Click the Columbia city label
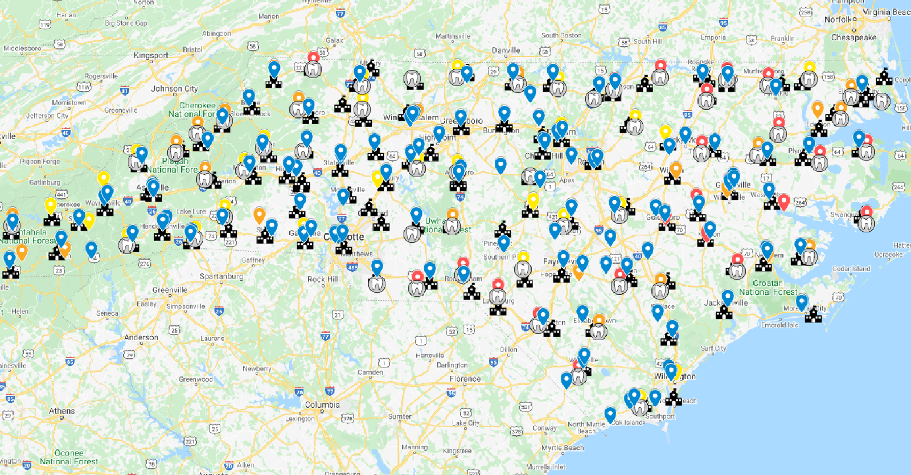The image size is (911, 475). (x=322, y=405)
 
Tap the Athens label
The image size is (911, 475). (x=61, y=411)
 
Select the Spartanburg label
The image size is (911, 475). (x=221, y=276)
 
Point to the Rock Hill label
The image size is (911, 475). (x=323, y=279)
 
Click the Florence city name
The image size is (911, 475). (x=465, y=379)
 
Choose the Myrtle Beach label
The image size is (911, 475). (x=563, y=448)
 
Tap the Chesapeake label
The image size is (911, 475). (x=853, y=38)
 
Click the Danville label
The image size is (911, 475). (x=506, y=50)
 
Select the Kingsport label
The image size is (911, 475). (x=151, y=55)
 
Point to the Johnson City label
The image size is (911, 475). (x=174, y=89)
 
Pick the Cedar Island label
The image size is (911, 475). (x=851, y=269)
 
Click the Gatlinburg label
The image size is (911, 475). (x=44, y=182)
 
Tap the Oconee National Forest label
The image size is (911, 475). (x=69, y=457)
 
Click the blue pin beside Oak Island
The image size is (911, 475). (x=610, y=414)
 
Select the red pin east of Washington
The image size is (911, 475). (x=783, y=201)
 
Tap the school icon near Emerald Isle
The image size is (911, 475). (x=814, y=314)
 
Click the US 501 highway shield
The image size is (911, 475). (x=526, y=407)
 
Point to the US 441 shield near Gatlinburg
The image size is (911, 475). (x=61, y=195)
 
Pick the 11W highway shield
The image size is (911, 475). (x=84, y=87)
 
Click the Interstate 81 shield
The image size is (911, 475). (x=125, y=91)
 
